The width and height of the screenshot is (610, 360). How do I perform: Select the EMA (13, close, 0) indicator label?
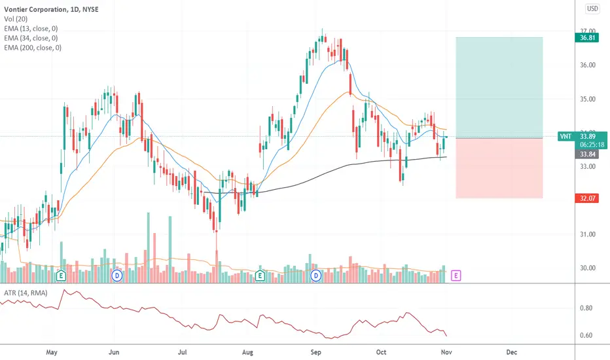click(x=31, y=28)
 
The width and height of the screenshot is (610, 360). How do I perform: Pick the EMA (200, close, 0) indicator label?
click(x=33, y=48)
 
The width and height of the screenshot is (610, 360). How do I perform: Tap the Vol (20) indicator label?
click(x=16, y=19)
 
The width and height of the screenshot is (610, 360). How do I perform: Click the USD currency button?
click(x=592, y=9)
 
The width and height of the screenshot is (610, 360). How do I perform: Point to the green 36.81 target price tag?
click(x=586, y=38)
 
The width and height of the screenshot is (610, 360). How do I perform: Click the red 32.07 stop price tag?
click(x=586, y=198)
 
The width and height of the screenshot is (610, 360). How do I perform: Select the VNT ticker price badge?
click(x=582, y=141)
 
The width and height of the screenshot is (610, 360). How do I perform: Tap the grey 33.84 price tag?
click(x=586, y=154)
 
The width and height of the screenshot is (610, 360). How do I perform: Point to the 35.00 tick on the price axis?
click(x=588, y=99)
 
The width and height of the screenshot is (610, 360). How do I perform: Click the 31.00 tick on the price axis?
click(x=588, y=234)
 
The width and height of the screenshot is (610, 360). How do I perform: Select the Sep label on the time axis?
click(x=315, y=352)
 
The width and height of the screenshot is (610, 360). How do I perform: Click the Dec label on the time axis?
click(x=512, y=352)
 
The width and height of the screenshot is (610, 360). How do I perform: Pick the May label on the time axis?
click(x=51, y=352)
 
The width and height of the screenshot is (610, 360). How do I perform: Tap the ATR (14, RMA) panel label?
click(x=26, y=293)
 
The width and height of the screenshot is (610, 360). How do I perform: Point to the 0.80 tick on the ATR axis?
click(x=586, y=308)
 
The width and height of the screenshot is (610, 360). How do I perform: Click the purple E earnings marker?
click(x=456, y=276)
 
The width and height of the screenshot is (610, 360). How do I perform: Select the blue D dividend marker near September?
click(x=316, y=276)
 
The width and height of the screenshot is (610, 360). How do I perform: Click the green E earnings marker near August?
click(x=260, y=276)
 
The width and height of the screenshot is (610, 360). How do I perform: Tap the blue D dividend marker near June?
click(x=117, y=276)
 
